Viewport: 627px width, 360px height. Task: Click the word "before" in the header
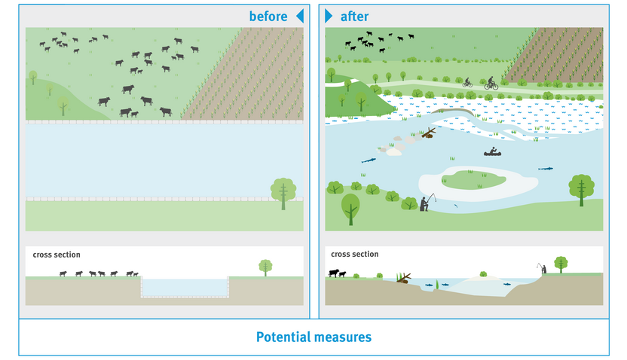pyautogui.click(x=268, y=16)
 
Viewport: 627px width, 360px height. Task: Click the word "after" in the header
pyautogui.click(x=355, y=16)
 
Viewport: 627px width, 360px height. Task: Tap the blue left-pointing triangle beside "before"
pyautogui.click(x=299, y=16)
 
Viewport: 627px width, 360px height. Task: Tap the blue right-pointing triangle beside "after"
pyautogui.click(x=329, y=16)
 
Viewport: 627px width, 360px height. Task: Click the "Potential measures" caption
pyautogui.click(x=313, y=337)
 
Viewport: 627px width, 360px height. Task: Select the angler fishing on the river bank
pyautogui.click(x=426, y=202)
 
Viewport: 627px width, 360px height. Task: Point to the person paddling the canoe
pyautogui.click(x=492, y=151)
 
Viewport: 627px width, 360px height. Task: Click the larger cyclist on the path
pyautogui.click(x=491, y=84)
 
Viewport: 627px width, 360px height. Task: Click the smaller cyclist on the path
pyautogui.click(x=467, y=83)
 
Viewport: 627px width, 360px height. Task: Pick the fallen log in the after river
pyautogui.click(x=427, y=133)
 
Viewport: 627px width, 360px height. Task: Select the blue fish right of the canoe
pyautogui.click(x=545, y=169)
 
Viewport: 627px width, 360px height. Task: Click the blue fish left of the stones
pyautogui.click(x=369, y=160)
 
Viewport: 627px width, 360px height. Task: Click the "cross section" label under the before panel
pyautogui.click(x=57, y=255)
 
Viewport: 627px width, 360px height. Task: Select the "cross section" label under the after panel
pyautogui.click(x=355, y=255)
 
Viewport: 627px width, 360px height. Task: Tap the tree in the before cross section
pyautogui.click(x=265, y=267)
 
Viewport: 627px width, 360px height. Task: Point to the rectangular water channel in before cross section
pyautogui.click(x=185, y=287)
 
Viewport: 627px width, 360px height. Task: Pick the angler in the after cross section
pyautogui.click(x=541, y=267)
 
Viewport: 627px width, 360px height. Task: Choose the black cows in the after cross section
pyautogui.click(x=336, y=273)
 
